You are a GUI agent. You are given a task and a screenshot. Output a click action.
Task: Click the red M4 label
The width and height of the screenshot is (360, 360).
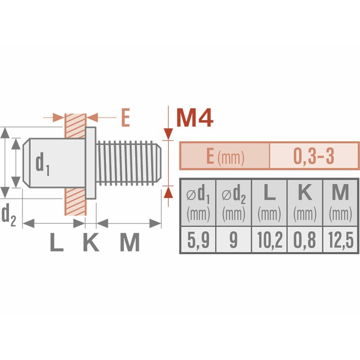195,118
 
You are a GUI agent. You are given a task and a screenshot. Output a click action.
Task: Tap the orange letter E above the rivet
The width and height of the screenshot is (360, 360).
126,117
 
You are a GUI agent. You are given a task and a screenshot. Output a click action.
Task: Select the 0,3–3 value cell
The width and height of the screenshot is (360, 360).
314,156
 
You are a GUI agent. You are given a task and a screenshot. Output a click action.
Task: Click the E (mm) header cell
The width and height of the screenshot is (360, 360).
225,156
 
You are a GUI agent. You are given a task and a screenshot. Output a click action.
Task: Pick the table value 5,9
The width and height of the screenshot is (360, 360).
198,240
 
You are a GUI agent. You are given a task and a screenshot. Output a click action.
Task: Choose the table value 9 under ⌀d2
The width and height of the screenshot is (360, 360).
234,240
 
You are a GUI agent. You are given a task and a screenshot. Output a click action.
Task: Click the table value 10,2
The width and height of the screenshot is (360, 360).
269,240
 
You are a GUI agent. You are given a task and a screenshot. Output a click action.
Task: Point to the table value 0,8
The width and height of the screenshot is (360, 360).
305,240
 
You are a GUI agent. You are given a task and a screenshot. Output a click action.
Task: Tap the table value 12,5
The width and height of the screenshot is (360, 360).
341,240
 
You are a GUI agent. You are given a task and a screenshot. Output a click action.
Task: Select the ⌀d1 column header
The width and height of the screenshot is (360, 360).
198,203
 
